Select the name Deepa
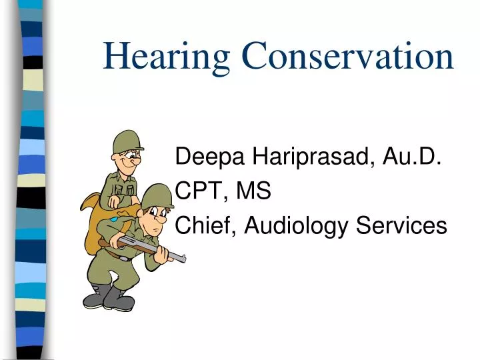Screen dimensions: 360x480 209,159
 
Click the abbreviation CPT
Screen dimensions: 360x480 198,192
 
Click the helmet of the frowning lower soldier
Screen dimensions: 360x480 157,195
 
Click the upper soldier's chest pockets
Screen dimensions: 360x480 123,191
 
